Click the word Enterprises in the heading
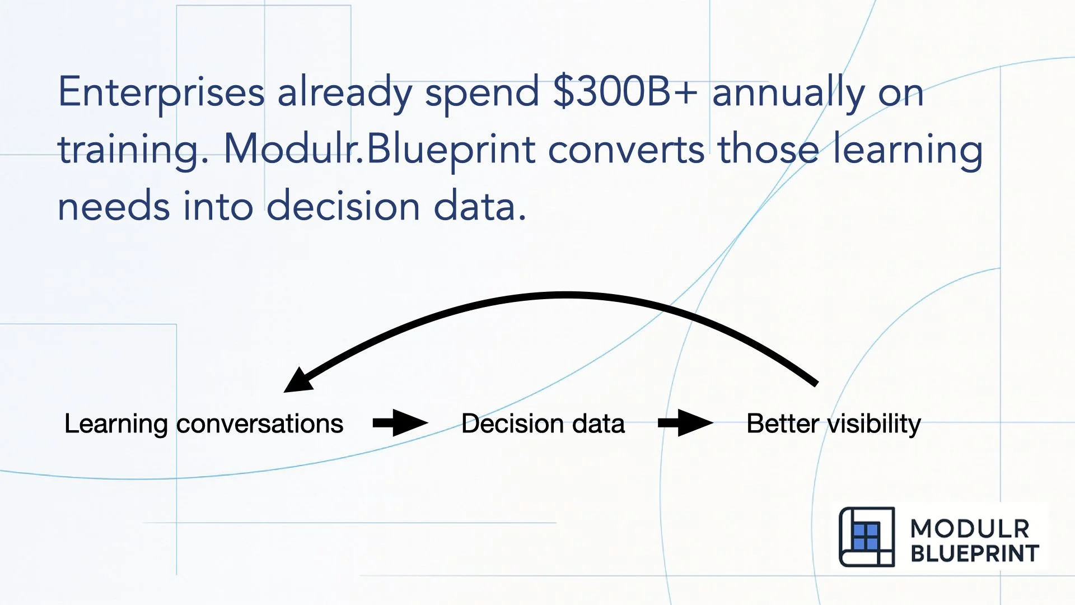click(161, 93)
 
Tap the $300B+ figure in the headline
click(625, 92)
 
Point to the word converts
click(626, 150)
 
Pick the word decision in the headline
click(343, 206)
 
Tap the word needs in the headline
click(114, 206)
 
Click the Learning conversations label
click(204, 424)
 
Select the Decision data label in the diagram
click(543, 424)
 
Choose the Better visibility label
click(833, 424)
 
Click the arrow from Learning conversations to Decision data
click(400, 423)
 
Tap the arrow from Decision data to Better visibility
click(685, 423)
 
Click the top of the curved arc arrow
click(565, 295)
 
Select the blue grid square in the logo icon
click(865, 537)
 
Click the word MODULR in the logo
click(970, 529)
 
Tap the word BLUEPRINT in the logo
click(974, 553)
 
